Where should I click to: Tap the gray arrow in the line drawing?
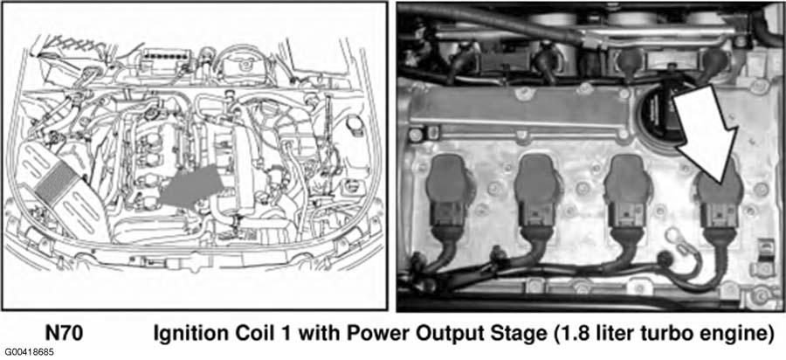[191, 186]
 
